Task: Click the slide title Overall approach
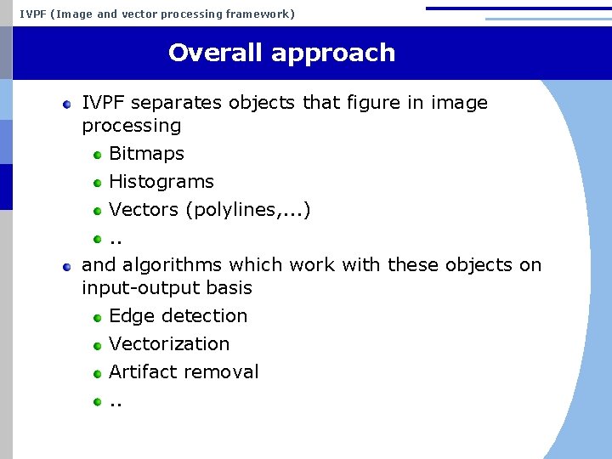[281, 53]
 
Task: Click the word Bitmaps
[146, 154]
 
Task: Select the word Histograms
[161, 182]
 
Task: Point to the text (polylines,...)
[247, 210]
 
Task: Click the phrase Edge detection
[178, 316]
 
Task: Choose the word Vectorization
[169, 344]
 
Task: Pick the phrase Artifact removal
[184, 372]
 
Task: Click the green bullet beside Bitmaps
[98, 155]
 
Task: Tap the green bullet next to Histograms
[98, 183]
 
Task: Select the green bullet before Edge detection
[98, 317]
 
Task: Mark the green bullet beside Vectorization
[98, 345]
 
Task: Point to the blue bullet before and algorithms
[67, 266]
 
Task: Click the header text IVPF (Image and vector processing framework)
[157, 14]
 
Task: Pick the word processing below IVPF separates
[131, 126]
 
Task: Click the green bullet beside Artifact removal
[98, 373]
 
